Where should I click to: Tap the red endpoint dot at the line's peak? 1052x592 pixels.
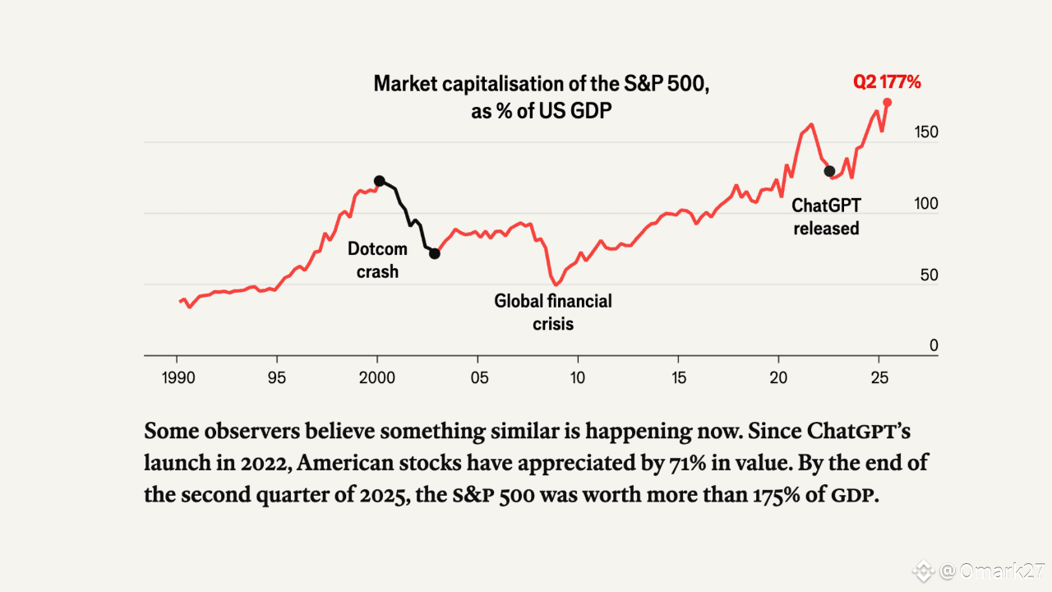888,102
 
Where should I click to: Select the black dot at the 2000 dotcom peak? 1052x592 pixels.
379,181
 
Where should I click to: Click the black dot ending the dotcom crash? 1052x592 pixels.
435,253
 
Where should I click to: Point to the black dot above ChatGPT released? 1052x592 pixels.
829,171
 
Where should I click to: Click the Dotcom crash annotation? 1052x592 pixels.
377,260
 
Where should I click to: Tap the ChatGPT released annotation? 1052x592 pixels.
826,217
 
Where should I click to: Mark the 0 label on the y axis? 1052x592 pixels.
934,346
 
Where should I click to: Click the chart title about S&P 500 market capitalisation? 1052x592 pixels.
542,96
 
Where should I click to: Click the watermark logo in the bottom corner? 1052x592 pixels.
925,569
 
